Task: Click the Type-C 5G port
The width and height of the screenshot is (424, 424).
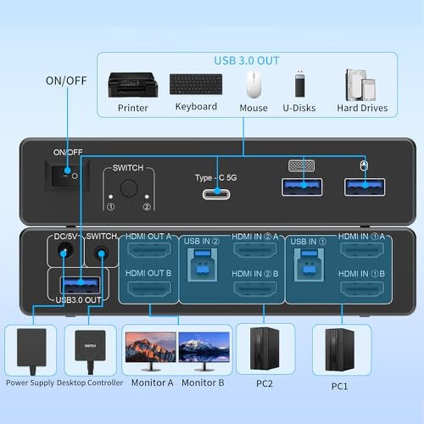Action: [x=217, y=194]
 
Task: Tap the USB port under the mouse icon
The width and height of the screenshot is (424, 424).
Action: [x=365, y=187]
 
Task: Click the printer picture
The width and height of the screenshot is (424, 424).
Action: [x=133, y=84]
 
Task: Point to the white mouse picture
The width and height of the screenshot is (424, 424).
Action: [x=254, y=84]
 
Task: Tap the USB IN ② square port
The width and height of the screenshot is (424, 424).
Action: [x=203, y=264]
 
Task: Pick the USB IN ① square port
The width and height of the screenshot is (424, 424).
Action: [x=309, y=264]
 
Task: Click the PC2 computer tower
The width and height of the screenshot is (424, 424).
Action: [x=265, y=349]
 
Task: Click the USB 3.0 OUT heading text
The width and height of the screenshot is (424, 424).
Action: [x=247, y=60]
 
